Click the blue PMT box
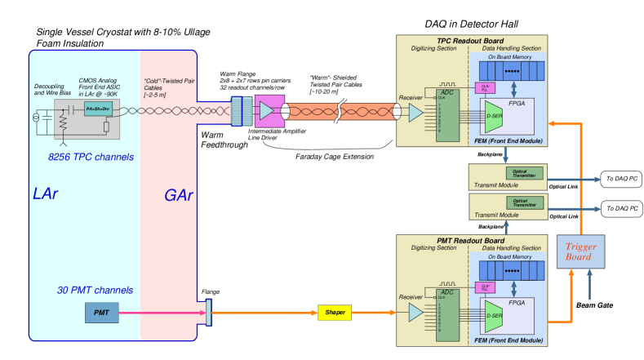click(102, 313)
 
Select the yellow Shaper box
click(335, 313)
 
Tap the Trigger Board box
click(580, 252)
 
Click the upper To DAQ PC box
click(622, 179)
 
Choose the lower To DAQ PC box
click(622, 209)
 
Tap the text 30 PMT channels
click(95, 290)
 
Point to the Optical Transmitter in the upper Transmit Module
click(525, 173)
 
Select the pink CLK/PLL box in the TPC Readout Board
click(485, 88)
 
